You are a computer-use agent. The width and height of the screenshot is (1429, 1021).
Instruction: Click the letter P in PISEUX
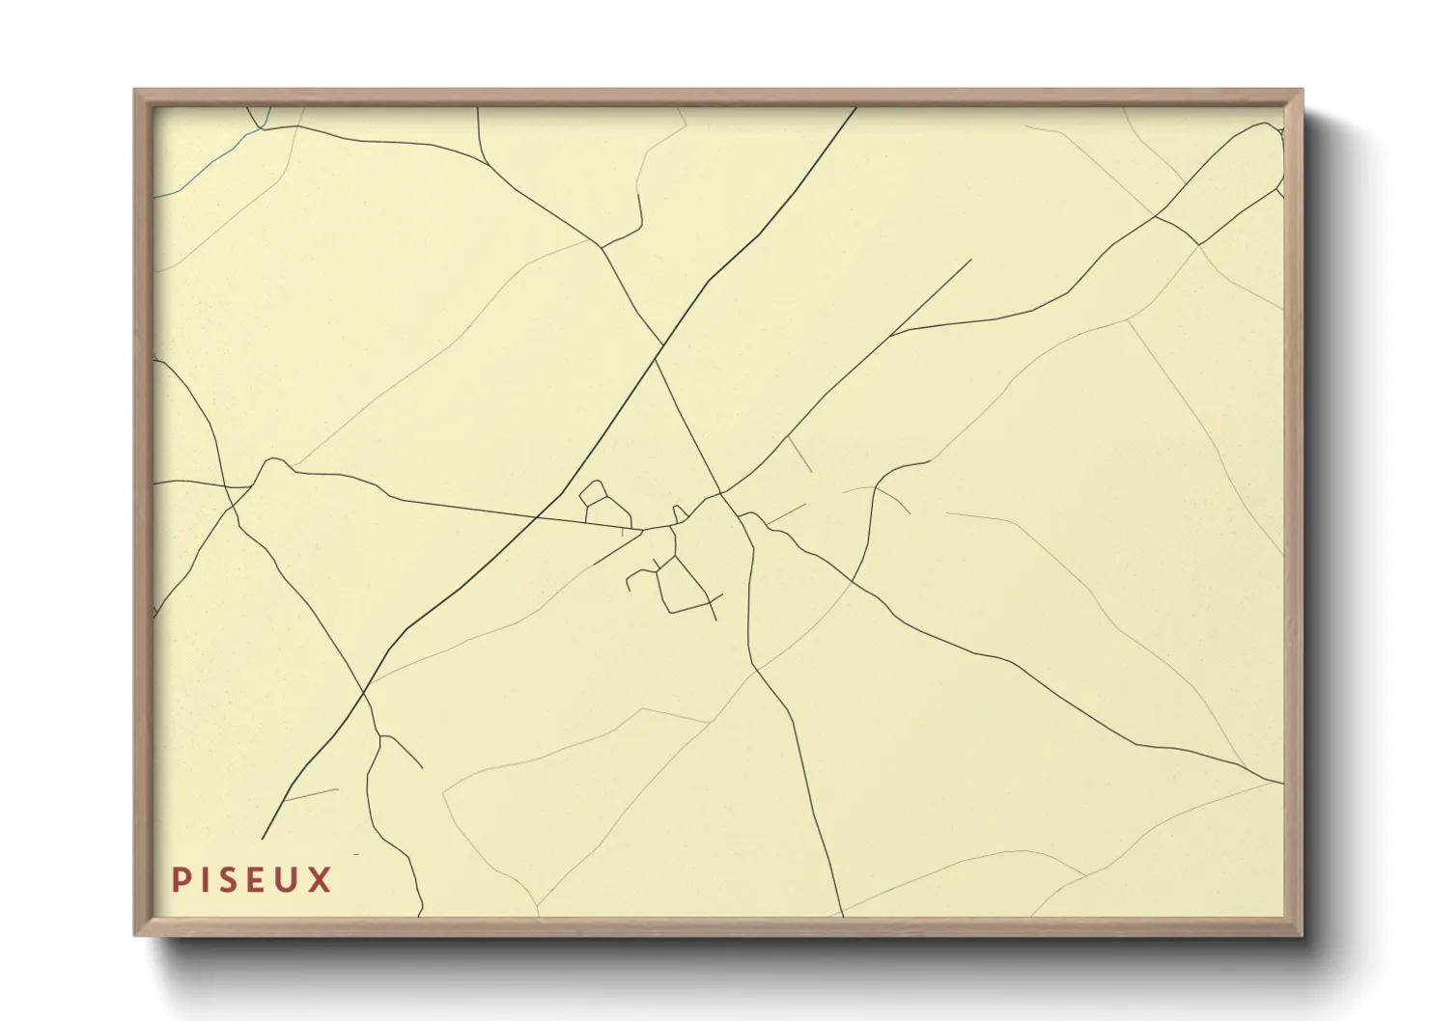pyautogui.click(x=180, y=880)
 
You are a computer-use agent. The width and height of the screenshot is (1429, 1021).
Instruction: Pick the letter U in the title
pyautogui.click(x=290, y=880)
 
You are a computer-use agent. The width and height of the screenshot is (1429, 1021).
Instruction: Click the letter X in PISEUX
pyautogui.click(x=321, y=880)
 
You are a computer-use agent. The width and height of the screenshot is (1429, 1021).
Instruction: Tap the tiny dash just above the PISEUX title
pyautogui.click(x=356, y=855)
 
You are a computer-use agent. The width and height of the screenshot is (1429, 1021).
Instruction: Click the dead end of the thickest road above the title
pyautogui.click(x=262, y=838)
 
